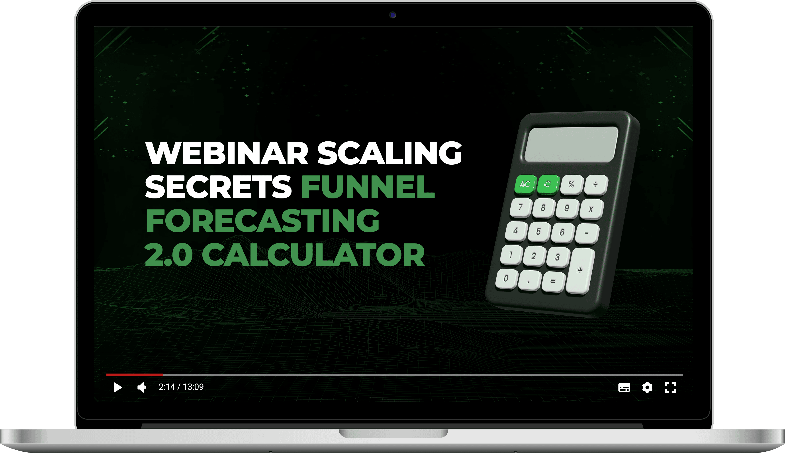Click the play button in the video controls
118,387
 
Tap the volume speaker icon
142,387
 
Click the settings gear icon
647,387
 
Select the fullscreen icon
670,387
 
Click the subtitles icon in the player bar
624,387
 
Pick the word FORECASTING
262,221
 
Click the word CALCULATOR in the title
313,255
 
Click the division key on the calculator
596,185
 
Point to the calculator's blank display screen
571,144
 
